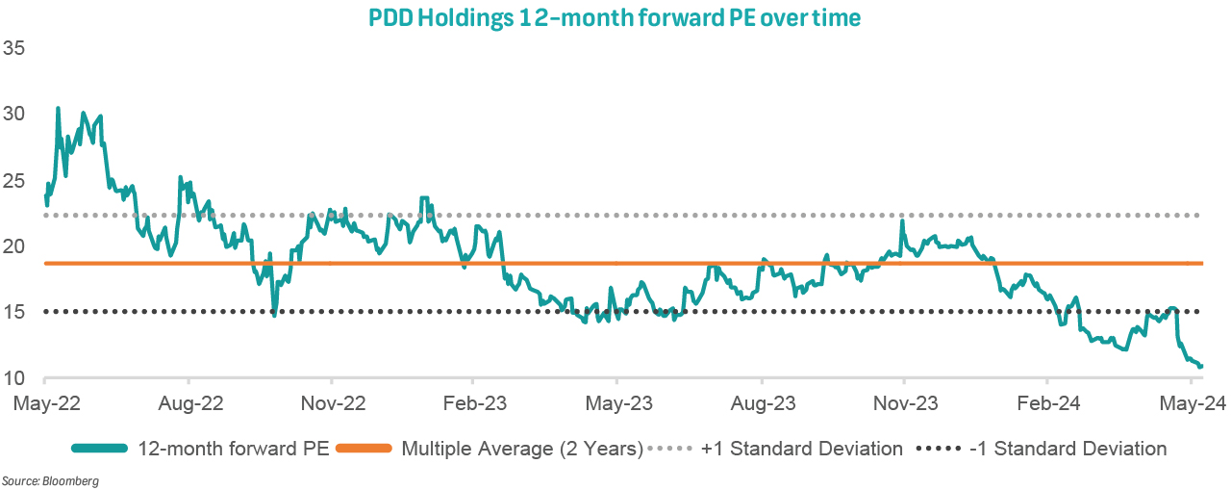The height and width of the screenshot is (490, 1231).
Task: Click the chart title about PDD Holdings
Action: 615,18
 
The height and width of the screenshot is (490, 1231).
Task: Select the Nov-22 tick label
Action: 330,403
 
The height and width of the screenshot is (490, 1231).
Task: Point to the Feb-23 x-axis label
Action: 473,403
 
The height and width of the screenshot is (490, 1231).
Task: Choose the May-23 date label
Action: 616,403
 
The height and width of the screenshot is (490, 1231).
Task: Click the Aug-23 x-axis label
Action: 761,403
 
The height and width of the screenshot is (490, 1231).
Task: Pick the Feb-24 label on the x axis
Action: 1047,403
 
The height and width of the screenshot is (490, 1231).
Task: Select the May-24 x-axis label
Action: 1191,403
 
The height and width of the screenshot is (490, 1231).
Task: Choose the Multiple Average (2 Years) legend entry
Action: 521,449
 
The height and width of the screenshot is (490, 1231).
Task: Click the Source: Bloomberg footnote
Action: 50,479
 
